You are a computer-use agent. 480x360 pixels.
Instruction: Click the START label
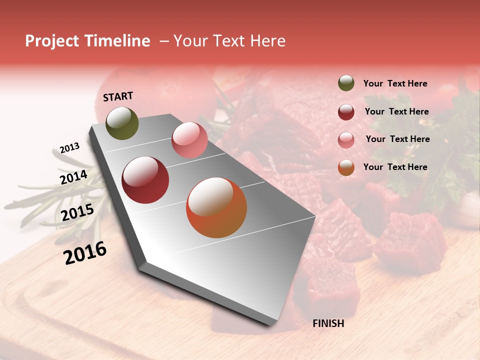(118, 96)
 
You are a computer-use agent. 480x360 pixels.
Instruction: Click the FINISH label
(328, 323)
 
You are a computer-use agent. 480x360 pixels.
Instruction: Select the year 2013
(69, 147)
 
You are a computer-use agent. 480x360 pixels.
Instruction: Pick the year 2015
(77, 212)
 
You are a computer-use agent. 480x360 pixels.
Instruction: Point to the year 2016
(85, 252)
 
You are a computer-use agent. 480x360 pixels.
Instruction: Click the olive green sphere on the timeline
(122, 123)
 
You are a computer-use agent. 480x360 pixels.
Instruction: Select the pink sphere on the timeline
(189, 140)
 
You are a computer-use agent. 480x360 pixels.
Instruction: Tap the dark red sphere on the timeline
(145, 180)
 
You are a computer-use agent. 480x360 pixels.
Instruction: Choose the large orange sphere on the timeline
(216, 207)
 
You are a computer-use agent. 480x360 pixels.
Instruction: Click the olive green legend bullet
(346, 83)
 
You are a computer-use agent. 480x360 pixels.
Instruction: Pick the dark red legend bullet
(346, 112)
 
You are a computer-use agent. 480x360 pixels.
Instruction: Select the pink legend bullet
(346, 140)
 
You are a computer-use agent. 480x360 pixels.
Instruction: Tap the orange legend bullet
(346, 167)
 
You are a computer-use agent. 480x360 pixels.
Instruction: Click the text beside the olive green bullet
(395, 84)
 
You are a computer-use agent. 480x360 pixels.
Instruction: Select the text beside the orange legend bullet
(395, 167)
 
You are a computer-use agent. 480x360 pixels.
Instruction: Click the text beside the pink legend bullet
(397, 139)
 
